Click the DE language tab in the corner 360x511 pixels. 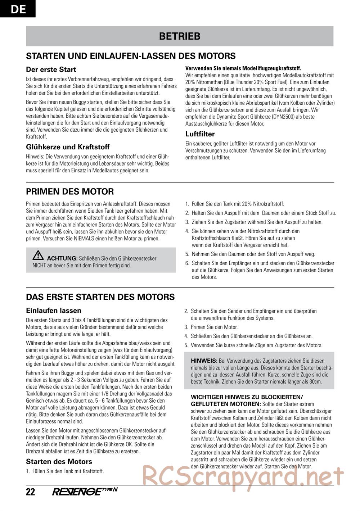[x=18, y=9]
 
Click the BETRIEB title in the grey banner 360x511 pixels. [x=180, y=36]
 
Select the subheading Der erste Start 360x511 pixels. [x=51, y=69]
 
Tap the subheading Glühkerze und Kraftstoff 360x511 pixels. [x=68, y=147]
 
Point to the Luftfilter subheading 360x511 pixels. [x=200, y=134]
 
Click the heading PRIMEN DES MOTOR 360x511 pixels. [x=70, y=191]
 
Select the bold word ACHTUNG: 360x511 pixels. [x=62, y=258]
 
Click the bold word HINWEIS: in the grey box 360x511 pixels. [x=204, y=361]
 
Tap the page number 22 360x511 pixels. [x=31, y=492]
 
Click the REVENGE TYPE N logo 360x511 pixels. [x=85, y=492]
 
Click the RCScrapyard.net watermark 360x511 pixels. [x=243, y=475]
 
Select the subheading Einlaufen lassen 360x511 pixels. [x=54, y=311]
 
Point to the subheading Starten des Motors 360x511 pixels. [x=59, y=462]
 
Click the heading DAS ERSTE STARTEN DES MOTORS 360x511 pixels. [x=100, y=297]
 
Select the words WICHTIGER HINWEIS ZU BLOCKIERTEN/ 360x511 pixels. [x=247, y=397]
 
